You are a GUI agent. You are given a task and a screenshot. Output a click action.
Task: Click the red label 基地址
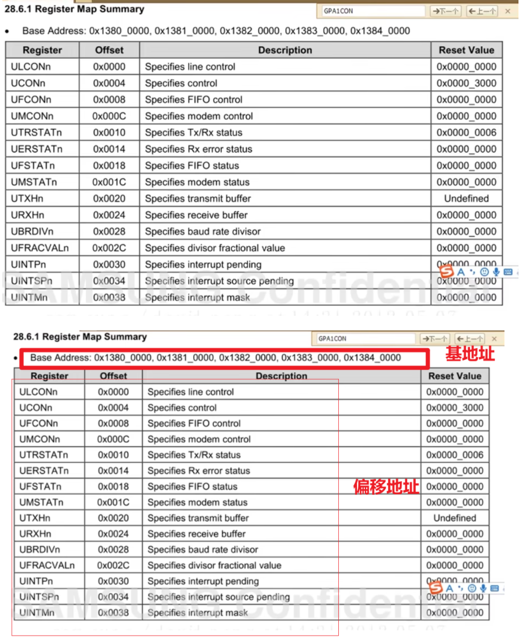[470, 354]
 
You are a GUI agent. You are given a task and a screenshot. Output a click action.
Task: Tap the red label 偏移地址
[386, 486]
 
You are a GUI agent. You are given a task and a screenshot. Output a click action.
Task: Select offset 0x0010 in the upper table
[109, 133]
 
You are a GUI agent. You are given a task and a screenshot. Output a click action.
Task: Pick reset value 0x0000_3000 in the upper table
[467, 83]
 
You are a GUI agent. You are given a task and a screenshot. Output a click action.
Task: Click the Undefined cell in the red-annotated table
[455, 518]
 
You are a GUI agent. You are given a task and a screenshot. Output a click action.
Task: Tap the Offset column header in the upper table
[109, 50]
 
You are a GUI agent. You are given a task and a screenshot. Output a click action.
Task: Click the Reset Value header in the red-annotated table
[455, 376]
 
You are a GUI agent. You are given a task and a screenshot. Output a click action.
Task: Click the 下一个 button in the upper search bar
[446, 11]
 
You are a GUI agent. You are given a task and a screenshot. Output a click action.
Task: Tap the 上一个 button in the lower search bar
[469, 338]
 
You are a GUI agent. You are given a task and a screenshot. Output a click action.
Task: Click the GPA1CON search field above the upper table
[373, 11]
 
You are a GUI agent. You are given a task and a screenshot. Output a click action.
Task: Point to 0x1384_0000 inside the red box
[372, 358]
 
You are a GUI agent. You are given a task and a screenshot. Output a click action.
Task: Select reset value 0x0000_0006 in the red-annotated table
[455, 455]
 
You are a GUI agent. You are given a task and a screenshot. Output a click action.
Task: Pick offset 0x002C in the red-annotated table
[113, 565]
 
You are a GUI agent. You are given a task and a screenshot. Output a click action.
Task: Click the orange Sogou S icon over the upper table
[447, 272]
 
